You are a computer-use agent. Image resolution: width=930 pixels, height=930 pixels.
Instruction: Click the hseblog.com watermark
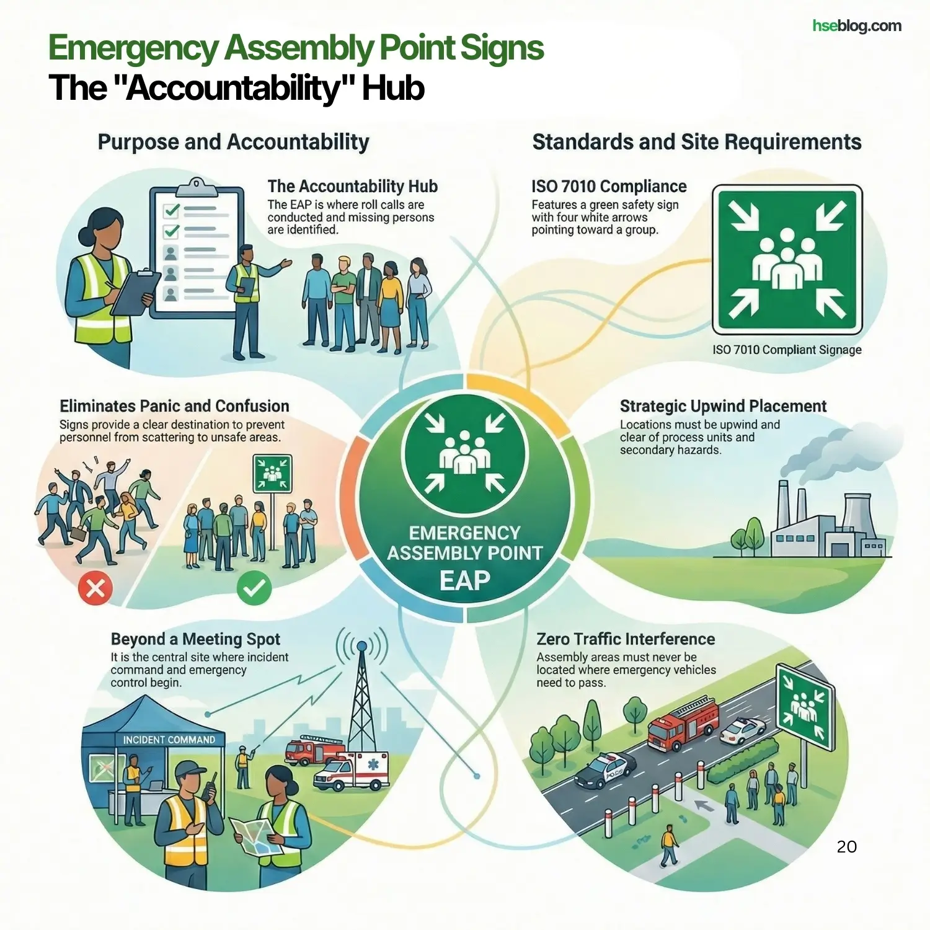[x=857, y=26]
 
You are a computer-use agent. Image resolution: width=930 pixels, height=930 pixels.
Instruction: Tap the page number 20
[x=846, y=847]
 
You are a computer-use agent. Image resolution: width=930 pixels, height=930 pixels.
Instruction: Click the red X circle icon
[x=95, y=587]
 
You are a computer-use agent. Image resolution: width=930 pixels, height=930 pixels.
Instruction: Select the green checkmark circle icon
[x=254, y=587]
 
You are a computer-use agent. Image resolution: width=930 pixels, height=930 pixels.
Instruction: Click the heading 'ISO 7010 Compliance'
[x=608, y=187]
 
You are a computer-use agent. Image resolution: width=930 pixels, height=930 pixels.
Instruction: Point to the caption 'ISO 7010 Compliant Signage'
[x=787, y=350]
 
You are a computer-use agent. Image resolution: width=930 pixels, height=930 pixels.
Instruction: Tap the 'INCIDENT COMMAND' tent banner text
[x=169, y=740]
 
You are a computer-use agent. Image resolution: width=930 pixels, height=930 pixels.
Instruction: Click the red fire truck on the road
[x=682, y=723]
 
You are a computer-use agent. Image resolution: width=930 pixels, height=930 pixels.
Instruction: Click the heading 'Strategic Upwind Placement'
[x=723, y=406]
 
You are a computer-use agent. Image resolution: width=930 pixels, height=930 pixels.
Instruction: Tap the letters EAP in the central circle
[x=464, y=581]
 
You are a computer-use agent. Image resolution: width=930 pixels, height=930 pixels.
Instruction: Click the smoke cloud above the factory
[x=831, y=453]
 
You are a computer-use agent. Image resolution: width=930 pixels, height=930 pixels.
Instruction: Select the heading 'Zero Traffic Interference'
[x=626, y=639]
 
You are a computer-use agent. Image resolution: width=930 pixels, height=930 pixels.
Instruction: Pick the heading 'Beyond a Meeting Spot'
[x=195, y=639]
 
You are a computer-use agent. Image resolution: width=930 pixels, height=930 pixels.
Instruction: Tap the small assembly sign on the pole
[x=272, y=474]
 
